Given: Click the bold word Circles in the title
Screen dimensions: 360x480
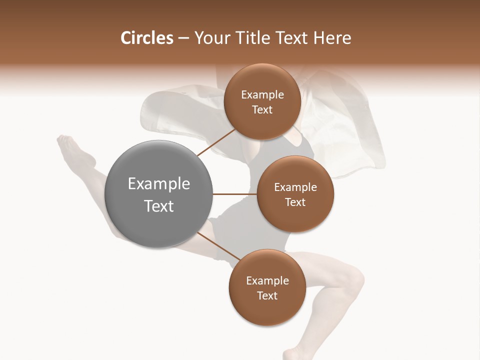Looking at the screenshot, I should pyautogui.click(x=147, y=38).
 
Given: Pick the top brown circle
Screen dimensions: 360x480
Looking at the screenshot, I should pyautogui.click(x=262, y=102).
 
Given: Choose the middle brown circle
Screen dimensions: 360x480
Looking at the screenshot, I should pyautogui.click(x=295, y=194).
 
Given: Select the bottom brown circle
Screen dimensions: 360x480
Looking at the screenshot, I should pyautogui.click(x=267, y=287).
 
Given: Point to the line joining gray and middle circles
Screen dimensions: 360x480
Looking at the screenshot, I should pyautogui.click(x=234, y=194).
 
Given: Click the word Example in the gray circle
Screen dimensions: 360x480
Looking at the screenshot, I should pyautogui.click(x=159, y=184).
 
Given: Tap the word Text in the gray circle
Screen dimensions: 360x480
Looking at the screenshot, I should pyautogui.click(x=159, y=206).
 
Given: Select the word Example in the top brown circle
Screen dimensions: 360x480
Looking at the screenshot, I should pyautogui.click(x=262, y=95).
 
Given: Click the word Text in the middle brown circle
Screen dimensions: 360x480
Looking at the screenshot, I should pyautogui.click(x=295, y=202).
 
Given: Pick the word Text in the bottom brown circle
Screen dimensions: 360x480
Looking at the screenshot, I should pyautogui.click(x=267, y=295).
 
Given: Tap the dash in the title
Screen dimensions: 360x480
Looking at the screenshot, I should pyautogui.click(x=183, y=38).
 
